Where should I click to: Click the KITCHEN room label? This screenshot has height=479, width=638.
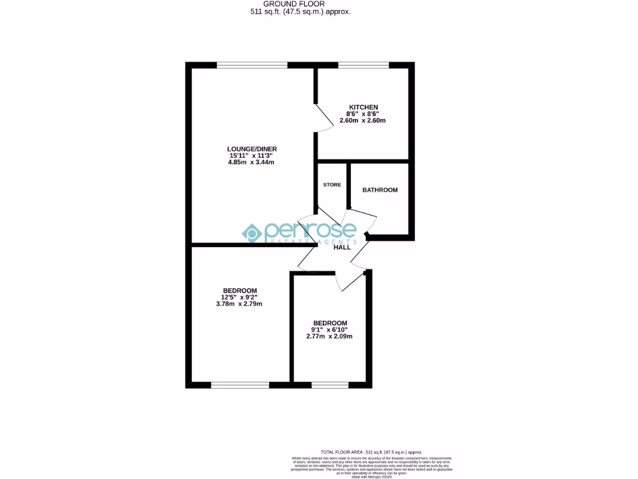pyautogui.click(x=363, y=107)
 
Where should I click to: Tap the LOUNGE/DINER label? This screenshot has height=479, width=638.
pyautogui.click(x=251, y=148)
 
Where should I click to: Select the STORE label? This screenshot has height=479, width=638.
pyautogui.click(x=332, y=185)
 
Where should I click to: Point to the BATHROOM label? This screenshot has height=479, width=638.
pyautogui.click(x=380, y=190)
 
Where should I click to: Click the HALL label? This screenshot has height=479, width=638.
pyautogui.click(x=342, y=248)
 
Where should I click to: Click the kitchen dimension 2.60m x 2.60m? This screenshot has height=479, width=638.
pyautogui.click(x=363, y=121)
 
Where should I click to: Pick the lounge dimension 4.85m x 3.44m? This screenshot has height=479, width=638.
pyautogui.click(x=251, y=162)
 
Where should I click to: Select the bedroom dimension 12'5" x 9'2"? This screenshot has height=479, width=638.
pyautogui.click(x=240, y=298)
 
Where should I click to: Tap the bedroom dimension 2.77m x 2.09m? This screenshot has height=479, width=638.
pyautogui.click(x=330, y=336)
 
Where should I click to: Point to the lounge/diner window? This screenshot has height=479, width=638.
pyautogui.click(x=252, y=65)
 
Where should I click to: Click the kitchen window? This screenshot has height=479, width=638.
pyautogui.click(x=363, y=65)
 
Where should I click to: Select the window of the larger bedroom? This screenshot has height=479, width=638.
pyautogui.click(x=240, y=385)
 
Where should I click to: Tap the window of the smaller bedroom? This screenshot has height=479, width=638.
pyautogui.click(x=330, y=385)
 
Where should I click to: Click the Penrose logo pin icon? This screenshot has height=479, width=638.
pyautogui.click(x=252, y=233)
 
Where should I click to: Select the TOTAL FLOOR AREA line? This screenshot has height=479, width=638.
pyautogui.click(x=371, y=452)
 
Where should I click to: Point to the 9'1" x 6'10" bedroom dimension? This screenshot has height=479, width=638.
pyautogui.click(x=330, y=329)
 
